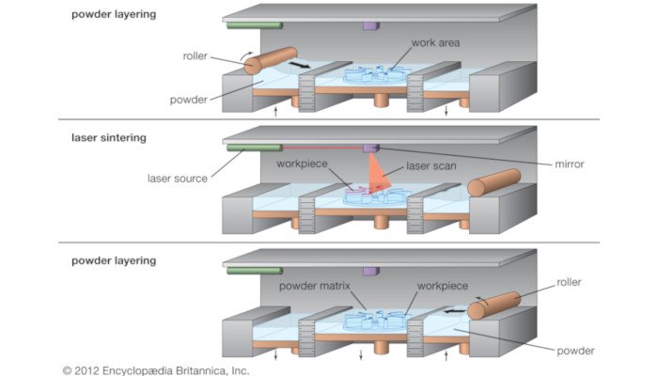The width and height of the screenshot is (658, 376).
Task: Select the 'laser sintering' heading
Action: tap(109, 138)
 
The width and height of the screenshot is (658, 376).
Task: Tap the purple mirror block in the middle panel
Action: tap(370, 148)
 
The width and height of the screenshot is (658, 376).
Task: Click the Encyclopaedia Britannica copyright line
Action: tap(156, 370)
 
